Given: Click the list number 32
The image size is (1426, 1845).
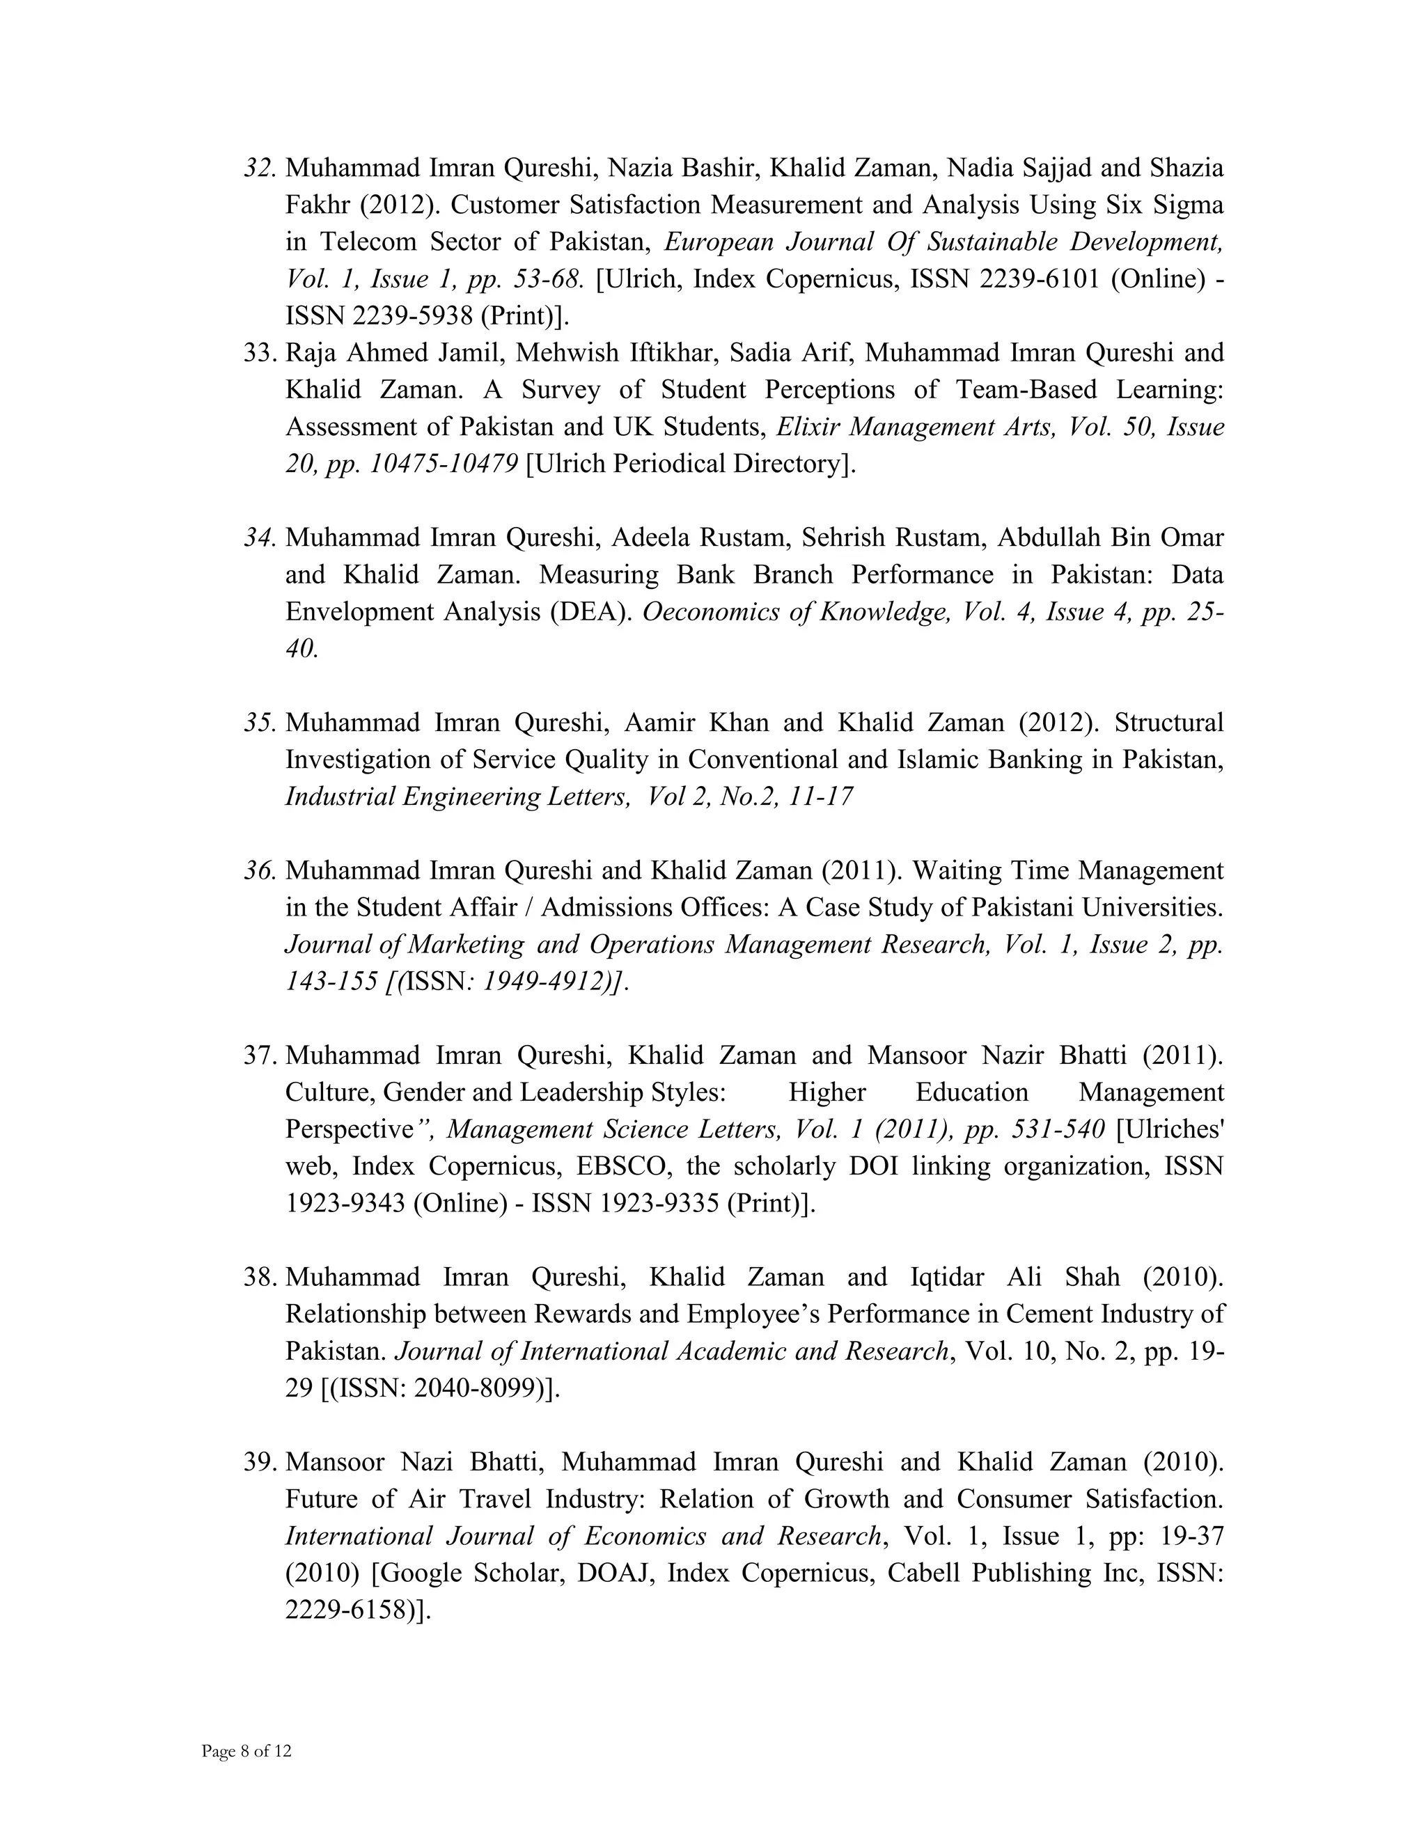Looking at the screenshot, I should click(259, 168).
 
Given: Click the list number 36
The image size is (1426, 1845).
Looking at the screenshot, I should click(259, 870).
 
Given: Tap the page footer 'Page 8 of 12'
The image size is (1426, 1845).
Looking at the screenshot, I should click(246, 1751).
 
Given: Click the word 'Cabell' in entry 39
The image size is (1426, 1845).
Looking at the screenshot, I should click(922, 1573).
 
